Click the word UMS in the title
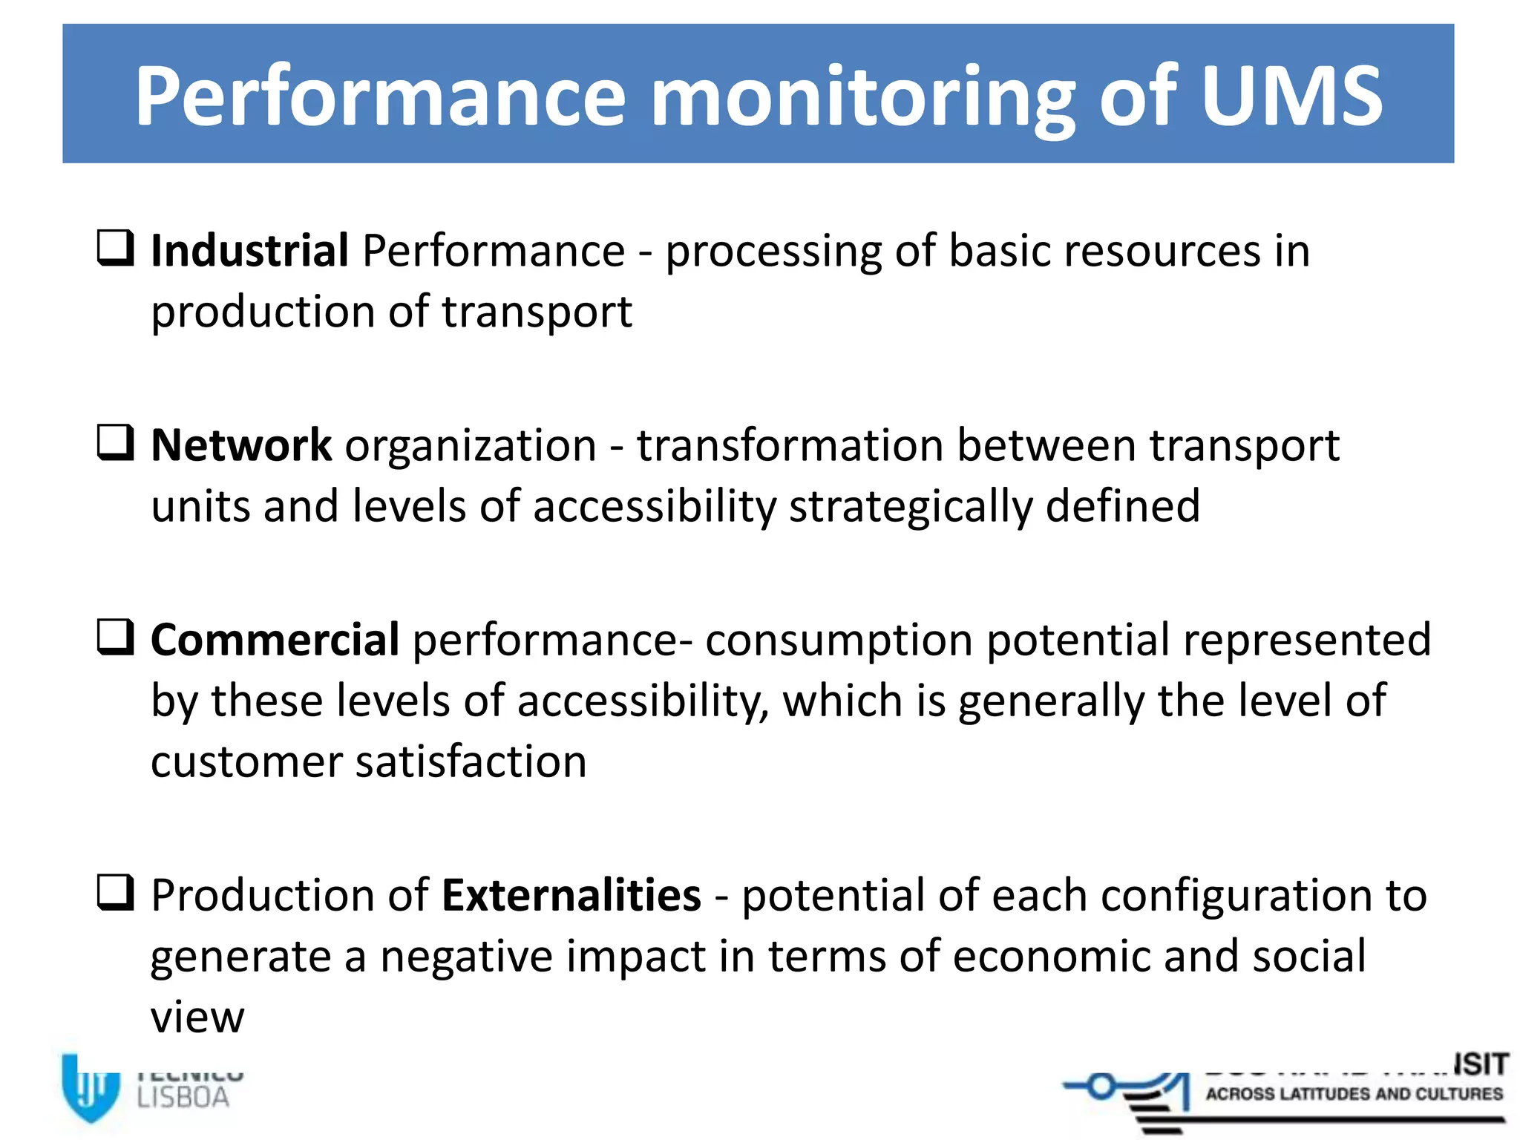(1291, 96)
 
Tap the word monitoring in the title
(862, 100)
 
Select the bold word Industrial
(249, 251)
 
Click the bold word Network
(241, 445)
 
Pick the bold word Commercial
(275, 640)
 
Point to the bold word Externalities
(571, 895)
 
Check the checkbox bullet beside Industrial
(116, 248)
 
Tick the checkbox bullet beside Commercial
(116, 638)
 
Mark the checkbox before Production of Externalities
(116, 892)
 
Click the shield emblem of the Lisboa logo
(90, 1087)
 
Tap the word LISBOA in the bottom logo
(183, 1098)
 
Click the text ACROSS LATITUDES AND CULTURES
(1354, 1094)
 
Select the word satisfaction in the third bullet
(471, 763)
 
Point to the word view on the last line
(197, 1018)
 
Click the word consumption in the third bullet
(839, 641)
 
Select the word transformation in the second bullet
(790, 446)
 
